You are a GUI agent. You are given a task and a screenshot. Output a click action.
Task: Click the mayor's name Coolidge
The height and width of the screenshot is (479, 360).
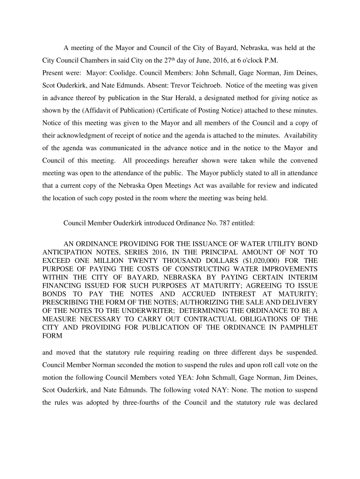[125, 73]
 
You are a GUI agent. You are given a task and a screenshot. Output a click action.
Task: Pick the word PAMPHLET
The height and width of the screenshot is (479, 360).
[296, 328]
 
